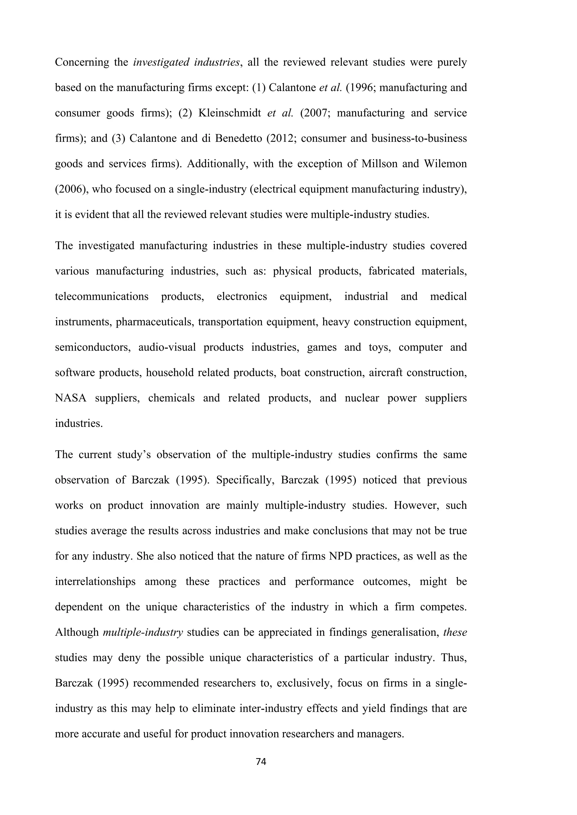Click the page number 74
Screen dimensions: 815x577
(261, 762)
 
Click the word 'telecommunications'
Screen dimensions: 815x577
(102, 296)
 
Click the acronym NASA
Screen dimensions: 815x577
(71, 398)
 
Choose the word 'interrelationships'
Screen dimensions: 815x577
(95, 581)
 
